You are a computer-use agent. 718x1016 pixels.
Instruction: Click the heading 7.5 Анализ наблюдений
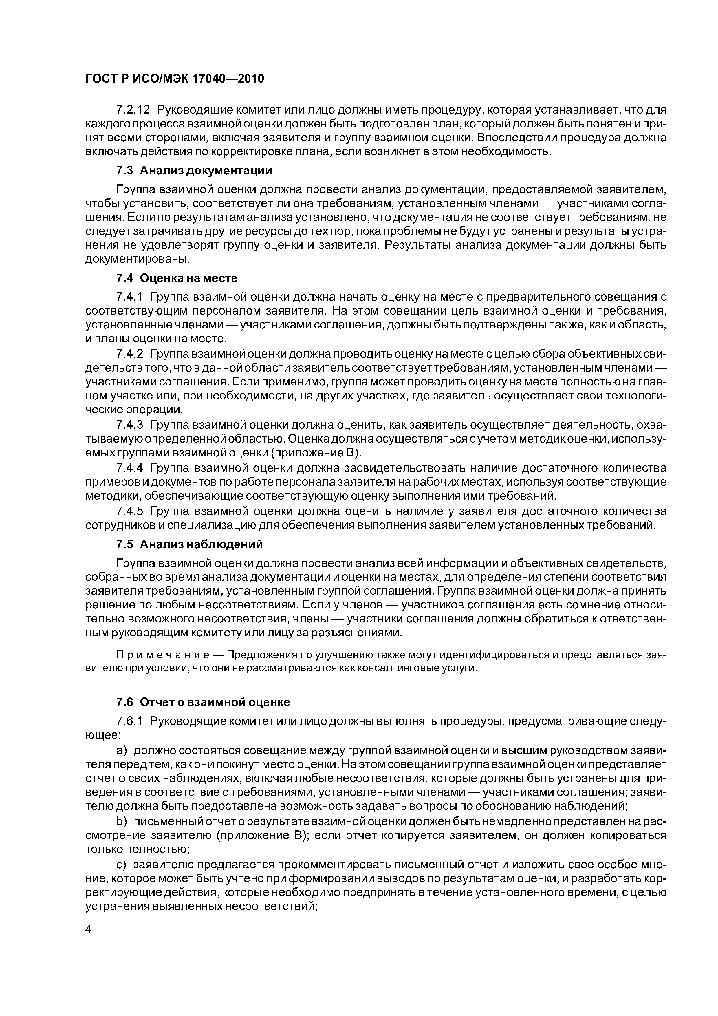(x=189, y=544)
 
